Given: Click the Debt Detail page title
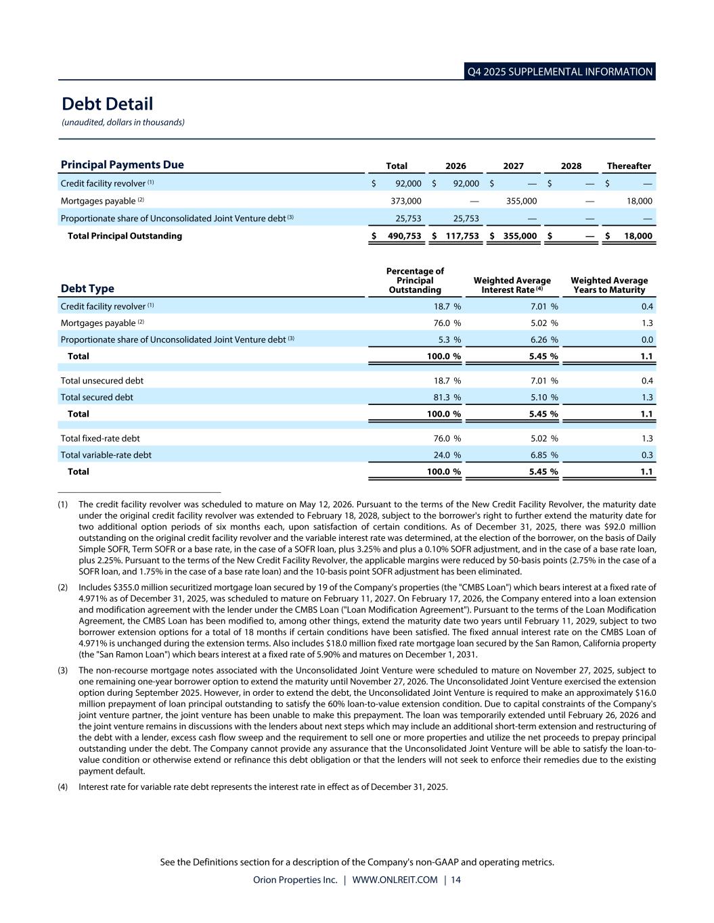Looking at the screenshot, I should (x=107, y=104).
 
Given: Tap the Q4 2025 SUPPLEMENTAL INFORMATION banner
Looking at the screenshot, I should (x=560, y=72).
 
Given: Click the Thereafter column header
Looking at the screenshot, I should (x=629, y=166).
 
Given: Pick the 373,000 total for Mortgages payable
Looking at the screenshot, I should (x=406, y=201).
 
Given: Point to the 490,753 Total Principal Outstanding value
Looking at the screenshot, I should (x=404, y=236).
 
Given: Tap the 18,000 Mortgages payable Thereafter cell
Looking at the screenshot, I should (x=639, y=201).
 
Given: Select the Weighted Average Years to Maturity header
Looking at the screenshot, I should (x=609, y=285).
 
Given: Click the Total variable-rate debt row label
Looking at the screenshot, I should (x=106, y=455).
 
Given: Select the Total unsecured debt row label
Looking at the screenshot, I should (x=102, y=381).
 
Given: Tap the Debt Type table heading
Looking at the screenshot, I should (x=87, y=289).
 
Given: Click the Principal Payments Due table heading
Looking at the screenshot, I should (x=122, y=165).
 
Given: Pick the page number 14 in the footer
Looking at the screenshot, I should (x=455, y=880).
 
